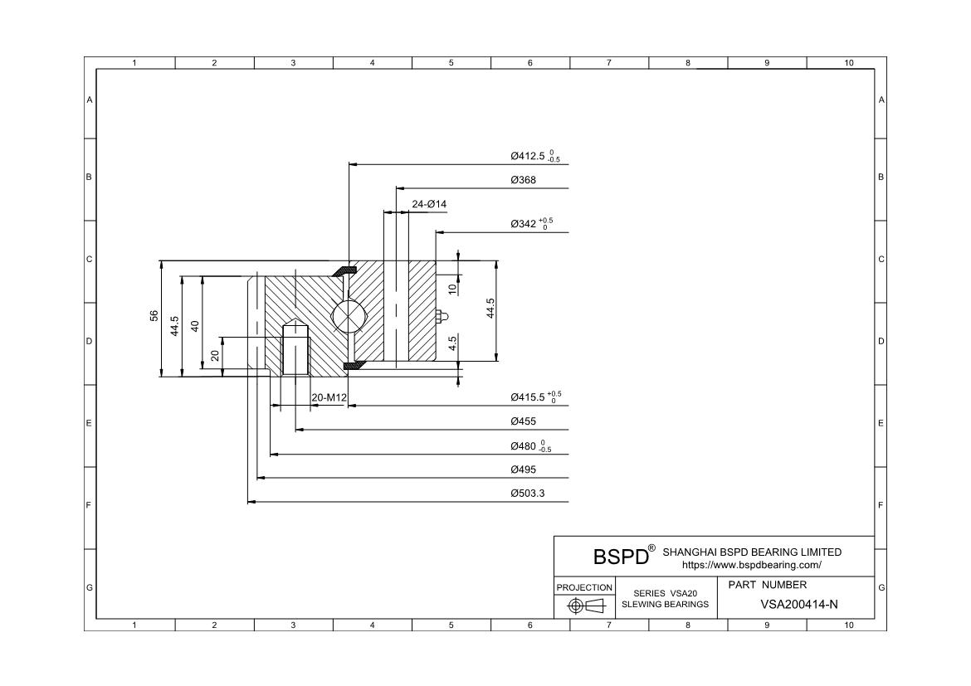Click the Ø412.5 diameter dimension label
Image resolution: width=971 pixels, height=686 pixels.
tap(535, 156)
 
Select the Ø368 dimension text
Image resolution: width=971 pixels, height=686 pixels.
tap(524, 180)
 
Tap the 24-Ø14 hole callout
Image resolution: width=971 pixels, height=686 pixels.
tap(429, 204)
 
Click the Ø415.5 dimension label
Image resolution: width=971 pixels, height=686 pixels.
tap(536, 397)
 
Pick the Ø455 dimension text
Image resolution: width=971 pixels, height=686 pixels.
tap(524, 421)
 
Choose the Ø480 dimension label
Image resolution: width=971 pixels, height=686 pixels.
tap(530, 445)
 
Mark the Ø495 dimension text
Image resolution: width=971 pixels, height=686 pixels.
tap(524, 470)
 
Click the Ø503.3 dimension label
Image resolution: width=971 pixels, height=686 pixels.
tap(528, 494)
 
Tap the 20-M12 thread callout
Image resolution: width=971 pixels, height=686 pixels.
tap(329, 397)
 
